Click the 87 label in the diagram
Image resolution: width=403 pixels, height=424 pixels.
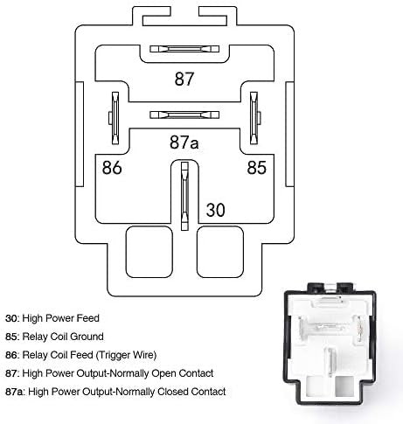click(184, 79)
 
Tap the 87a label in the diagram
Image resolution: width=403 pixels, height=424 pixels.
click(184, 142)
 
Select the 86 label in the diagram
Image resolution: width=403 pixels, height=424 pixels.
click(112, 168)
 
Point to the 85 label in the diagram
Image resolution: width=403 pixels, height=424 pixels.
click(257, 167)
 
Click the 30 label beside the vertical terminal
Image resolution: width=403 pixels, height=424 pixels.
click(216, 210)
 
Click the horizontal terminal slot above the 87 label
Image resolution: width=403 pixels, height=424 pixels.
click(184, 49)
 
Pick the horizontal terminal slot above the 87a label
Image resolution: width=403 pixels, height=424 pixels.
click(184, 115)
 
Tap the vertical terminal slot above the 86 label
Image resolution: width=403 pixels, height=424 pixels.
click(115, 118)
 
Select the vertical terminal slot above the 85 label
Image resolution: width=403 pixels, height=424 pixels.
click(254, 118)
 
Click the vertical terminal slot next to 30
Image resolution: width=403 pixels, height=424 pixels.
click(184, 196)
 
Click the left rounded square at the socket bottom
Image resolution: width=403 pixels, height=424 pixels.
click(149, 252)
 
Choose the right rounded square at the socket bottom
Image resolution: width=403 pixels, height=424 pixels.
click(220, 252)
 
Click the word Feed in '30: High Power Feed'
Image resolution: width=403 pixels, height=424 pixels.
click(87, 318)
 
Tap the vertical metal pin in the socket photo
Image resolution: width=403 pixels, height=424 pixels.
click(330, 362)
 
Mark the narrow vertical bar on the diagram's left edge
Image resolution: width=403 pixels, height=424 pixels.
click(80, 134)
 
